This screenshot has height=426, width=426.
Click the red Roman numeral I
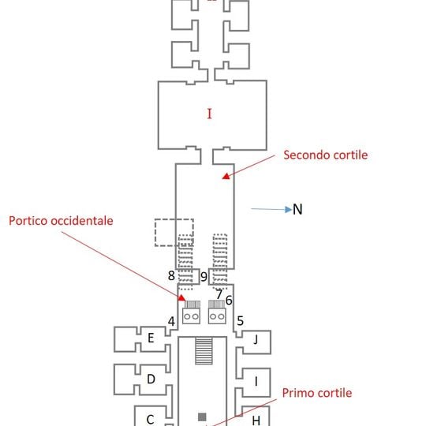[x=209, y=114]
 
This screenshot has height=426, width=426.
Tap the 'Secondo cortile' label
[x=326, y=155]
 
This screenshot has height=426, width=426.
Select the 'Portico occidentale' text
[x=61, y=221]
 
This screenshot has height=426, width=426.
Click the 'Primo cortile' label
[x=317, y=393]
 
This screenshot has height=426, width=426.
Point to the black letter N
[x=297, y=209]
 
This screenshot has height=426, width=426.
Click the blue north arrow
[x=271, y=209]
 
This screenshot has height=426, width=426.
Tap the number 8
[x=171, y=275]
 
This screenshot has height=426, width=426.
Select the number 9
[x=204, y=277]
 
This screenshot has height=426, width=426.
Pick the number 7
[x=219, y=294]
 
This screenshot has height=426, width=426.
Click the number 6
[x=229, y=301]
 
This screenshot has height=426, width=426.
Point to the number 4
[x=171, y=321]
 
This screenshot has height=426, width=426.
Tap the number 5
[x=240, y=321]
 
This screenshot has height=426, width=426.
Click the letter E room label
[x=151, y=338]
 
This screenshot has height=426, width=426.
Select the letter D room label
[x=151, y=379]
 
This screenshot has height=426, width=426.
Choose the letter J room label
[x=256, y=339]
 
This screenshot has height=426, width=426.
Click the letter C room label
[x=150, y=420]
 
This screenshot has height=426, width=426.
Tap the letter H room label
[x=256, y=420]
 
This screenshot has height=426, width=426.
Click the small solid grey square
[x=202, y=417]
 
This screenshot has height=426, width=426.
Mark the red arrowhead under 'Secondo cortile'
[x=226, y=177]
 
